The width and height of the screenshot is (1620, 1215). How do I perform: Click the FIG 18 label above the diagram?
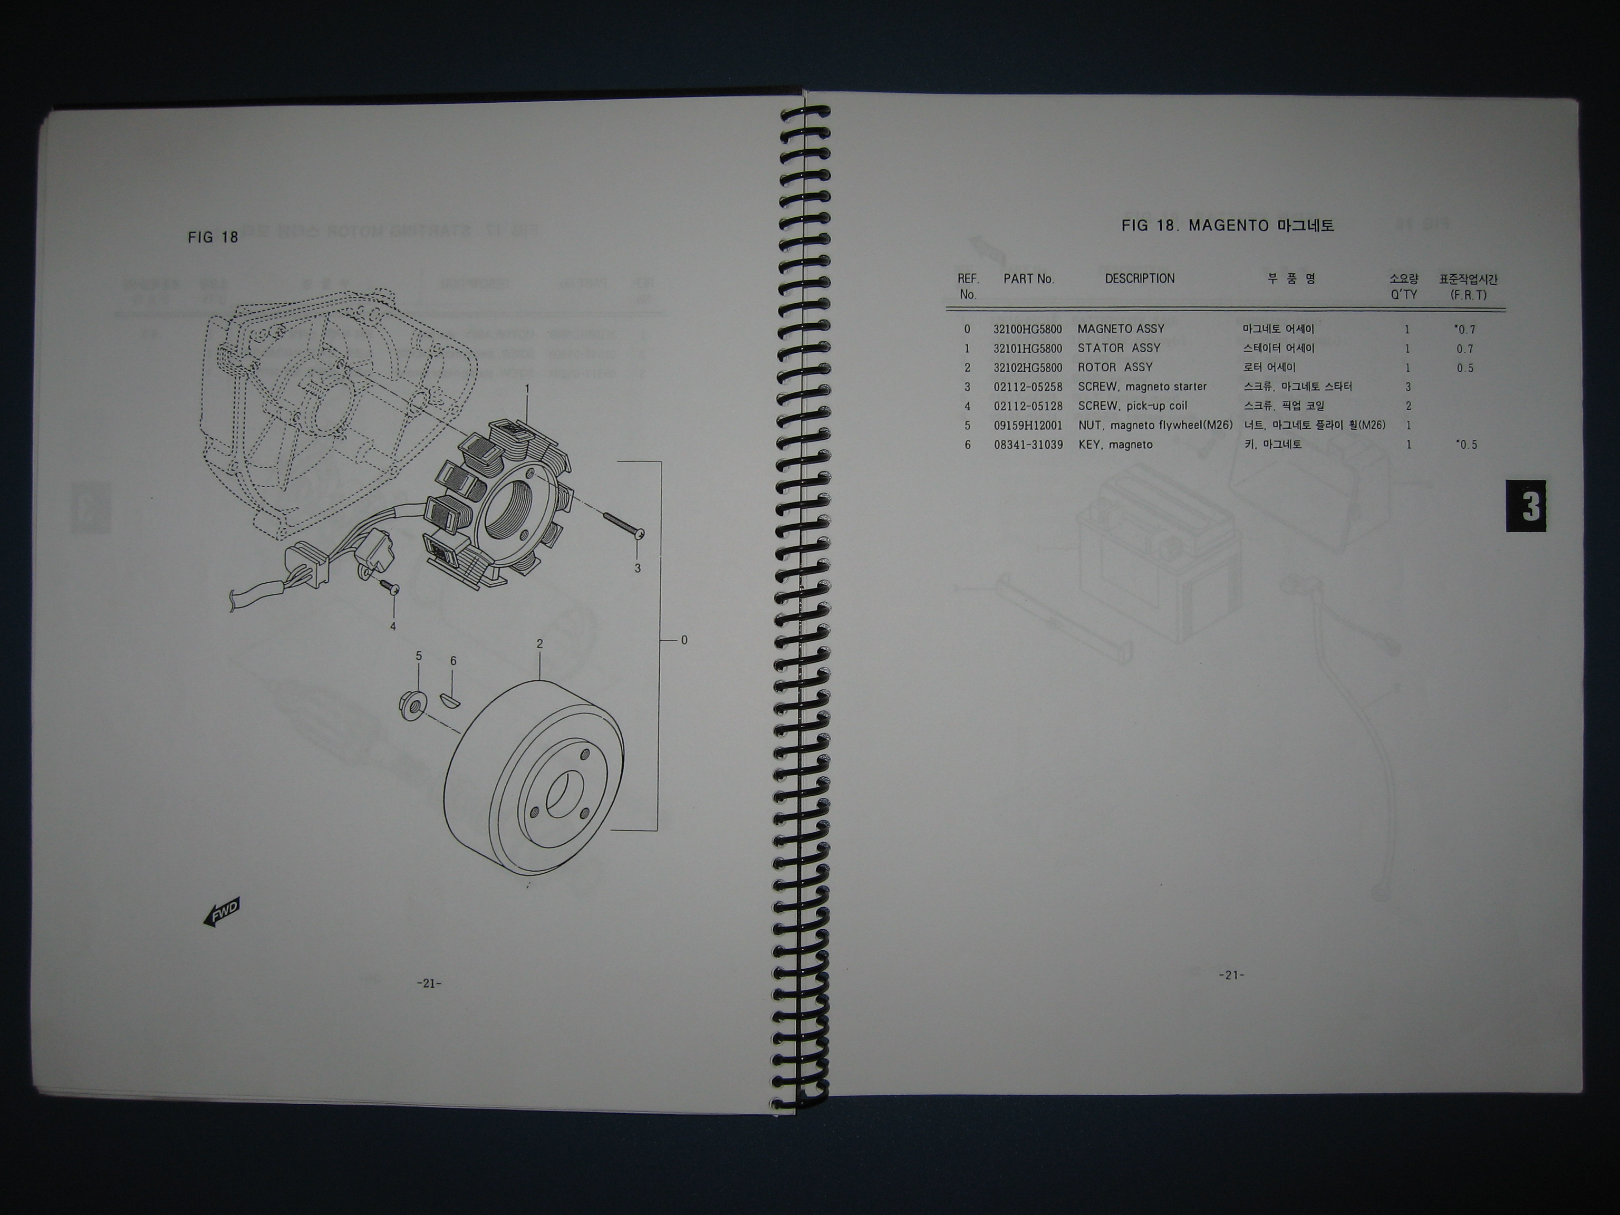[213, 237]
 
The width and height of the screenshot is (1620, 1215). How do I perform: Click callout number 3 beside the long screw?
[637, 568]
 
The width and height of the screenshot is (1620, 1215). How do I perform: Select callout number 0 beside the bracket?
[684, 640]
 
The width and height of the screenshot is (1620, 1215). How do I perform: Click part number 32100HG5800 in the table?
[1027, 330]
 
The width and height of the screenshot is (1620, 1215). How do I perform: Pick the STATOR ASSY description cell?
[1119, 348]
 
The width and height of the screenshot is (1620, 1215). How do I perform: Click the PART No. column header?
[1028, 279]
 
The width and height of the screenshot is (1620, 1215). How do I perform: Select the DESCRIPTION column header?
[1140, 278]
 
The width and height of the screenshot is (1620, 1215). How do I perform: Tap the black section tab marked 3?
[1526, 506]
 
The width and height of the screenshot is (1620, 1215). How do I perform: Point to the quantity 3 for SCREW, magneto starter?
[1407, 387]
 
